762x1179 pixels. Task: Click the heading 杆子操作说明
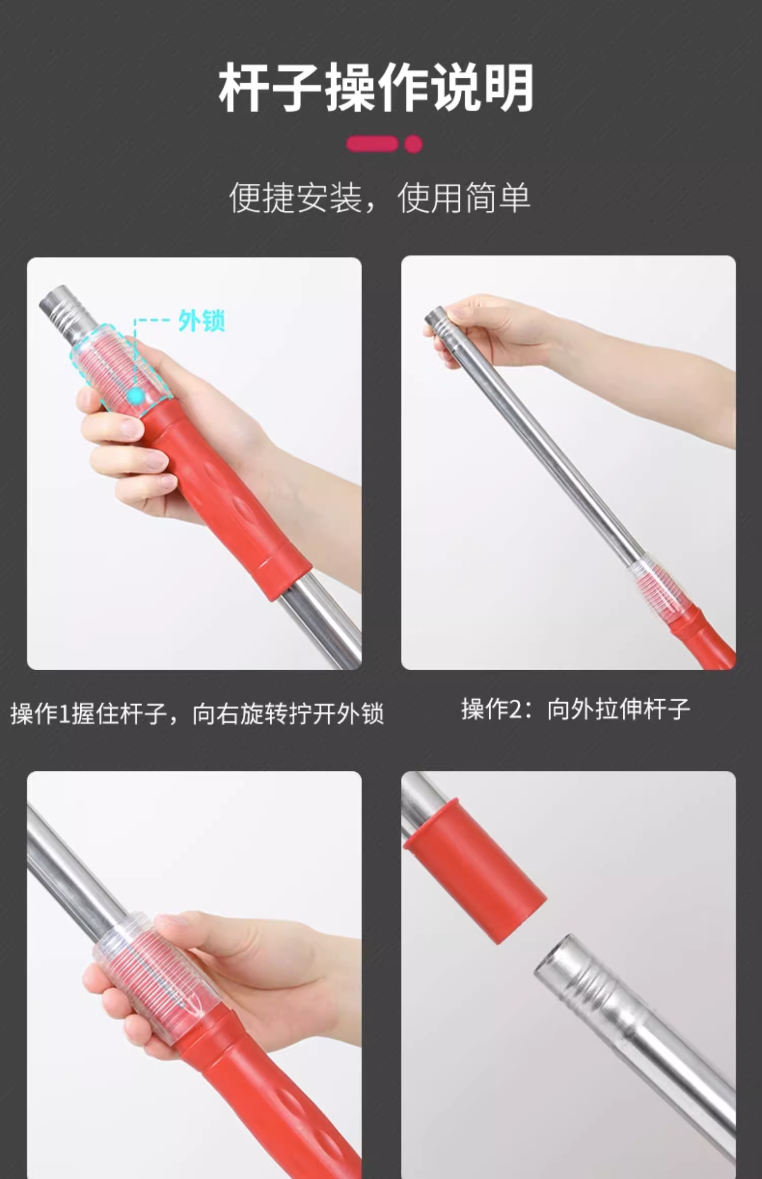[x=376, y=87]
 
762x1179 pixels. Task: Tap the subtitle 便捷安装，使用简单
[x=380, y=198]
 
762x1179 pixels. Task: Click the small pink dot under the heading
[x=414, y=144]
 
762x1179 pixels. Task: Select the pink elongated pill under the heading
[x=372, y=144]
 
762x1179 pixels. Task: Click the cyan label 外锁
[x=202, y=321]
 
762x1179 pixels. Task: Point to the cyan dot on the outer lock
[x=136, y=396]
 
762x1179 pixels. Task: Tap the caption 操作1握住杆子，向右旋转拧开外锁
[x=197, y=713]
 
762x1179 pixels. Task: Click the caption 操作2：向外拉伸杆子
[x=576, y=709]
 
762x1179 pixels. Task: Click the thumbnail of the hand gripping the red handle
[x=194, y=464]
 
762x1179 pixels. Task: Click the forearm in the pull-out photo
[x=645, y=381]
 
